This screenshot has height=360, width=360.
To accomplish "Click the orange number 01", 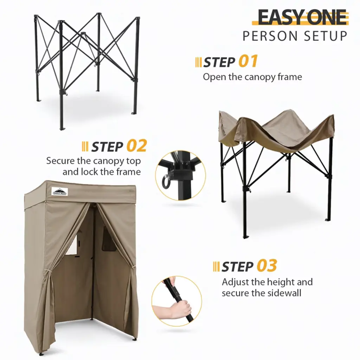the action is pyautogui.click(x=248, y=61).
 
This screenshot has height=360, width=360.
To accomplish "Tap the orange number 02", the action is pyautogui.click(x=137, y=146).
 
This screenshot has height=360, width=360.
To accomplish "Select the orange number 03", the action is pyautogui.click(x=267, y=266).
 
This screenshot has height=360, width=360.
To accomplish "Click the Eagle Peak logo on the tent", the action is pyautogui.click(x=60, y=191).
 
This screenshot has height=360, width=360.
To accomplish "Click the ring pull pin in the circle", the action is pyautogui.click(x=166, y=180).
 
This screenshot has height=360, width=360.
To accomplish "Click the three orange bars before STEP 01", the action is pyautogui.click(x=198, y=62).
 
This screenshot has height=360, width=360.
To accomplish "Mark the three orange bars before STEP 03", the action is pyautogui.click(x=216, y=266).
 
